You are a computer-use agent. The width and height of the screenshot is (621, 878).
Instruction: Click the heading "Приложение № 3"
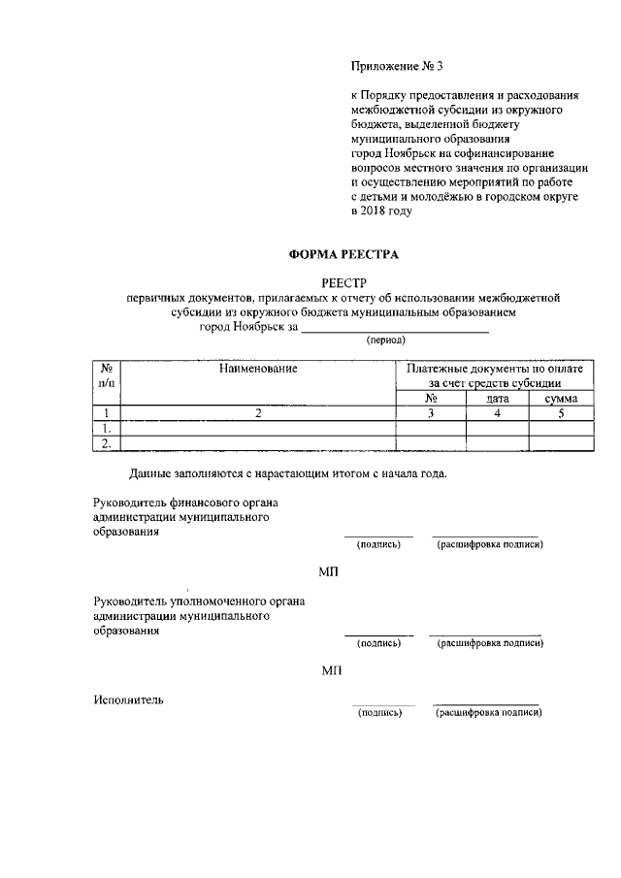[x=395, y=67]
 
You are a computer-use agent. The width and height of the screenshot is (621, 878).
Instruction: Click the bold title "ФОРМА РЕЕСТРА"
[x=343, y=255]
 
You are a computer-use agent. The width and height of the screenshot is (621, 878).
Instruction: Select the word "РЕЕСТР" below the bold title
[x=345, y=282]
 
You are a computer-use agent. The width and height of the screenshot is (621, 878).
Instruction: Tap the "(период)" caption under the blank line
[x=385, y=341]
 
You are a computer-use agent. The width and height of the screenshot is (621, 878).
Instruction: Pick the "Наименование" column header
[x=257, y=369]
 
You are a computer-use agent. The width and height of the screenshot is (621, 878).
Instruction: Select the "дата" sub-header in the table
[x=498, y=399]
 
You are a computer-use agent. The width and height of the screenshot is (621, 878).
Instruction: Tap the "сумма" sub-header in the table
[x=561, y=399]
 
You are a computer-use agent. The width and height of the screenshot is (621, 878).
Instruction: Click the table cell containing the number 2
[x=258, y=413]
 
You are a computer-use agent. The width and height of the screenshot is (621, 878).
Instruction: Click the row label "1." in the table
[x=107, y=428]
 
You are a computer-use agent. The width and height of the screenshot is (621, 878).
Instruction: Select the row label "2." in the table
[x=107, y=444]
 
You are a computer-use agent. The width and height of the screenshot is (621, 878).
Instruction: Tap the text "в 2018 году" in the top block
[x=381, y=211]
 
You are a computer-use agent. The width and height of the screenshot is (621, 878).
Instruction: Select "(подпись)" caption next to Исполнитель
[x=379, y=712]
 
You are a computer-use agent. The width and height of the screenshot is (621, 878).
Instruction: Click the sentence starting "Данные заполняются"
[x=288, y=473]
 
